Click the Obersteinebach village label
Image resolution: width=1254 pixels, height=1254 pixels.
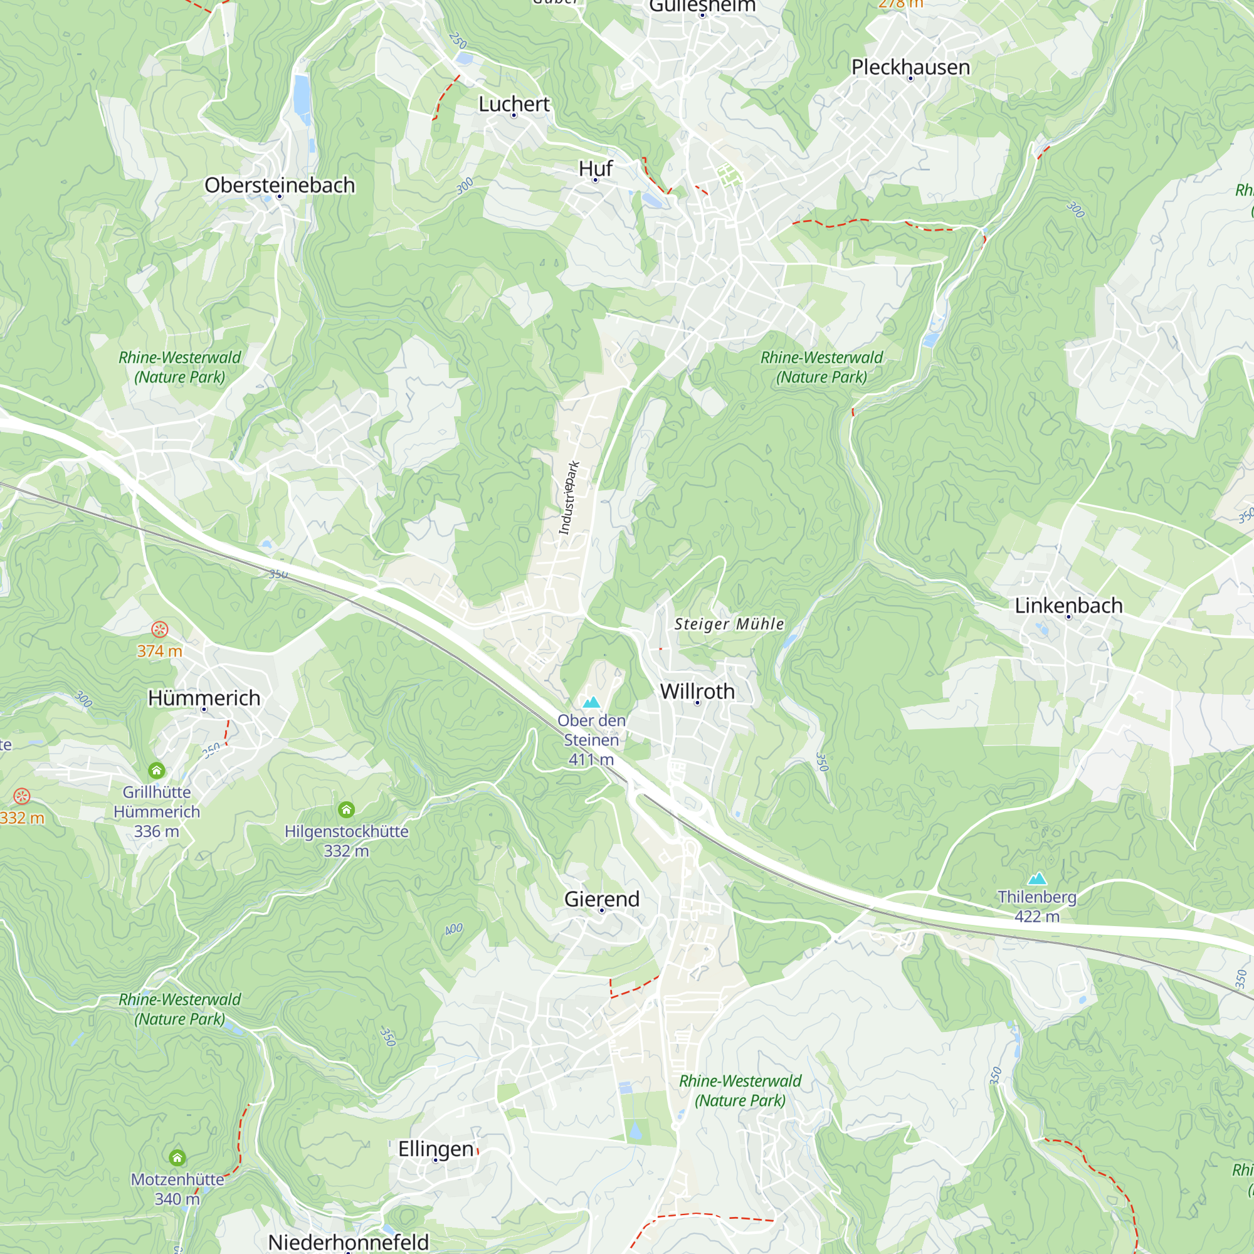click(x=280, y=185)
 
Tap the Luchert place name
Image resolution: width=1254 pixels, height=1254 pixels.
click(x=514, y=104)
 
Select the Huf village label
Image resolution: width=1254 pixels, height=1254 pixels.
click(x=595, y=169)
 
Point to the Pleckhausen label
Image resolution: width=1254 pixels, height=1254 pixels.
click(x=910, y=67)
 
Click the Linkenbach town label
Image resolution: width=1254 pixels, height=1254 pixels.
click(x=1068, y=606)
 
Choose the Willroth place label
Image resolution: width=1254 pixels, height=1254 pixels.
click(x=697, y=691)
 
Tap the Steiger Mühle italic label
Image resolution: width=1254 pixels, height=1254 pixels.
click(x=729, y=624)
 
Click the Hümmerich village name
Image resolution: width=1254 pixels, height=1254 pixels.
click(x=204, y=698)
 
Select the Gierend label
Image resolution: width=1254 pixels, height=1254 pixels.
click(x=602, y=899)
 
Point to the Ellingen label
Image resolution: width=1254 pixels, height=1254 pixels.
click(x=436, y=1149)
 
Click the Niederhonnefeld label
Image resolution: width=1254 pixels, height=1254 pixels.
click(x=349, y=1241)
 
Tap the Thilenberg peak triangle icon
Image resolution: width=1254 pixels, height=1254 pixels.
click(x=1037, y=879)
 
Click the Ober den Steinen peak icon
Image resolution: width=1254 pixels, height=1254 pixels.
click(x=591, y=702)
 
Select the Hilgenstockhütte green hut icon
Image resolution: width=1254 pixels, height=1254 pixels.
click(x=347, y=809)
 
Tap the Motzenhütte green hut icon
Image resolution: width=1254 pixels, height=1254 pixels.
click(x=177, y=1158)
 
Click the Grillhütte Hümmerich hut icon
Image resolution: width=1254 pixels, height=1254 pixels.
click(x=156, y=771)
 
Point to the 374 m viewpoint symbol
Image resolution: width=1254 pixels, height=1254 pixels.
click(x=160, y=629)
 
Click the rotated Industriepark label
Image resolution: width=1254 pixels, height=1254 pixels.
click(x=569, y=498)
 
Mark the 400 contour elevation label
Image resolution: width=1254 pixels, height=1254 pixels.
click(x=454, y=929)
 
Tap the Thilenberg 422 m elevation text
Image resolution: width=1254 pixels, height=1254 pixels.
click(x=1037, y=917)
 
